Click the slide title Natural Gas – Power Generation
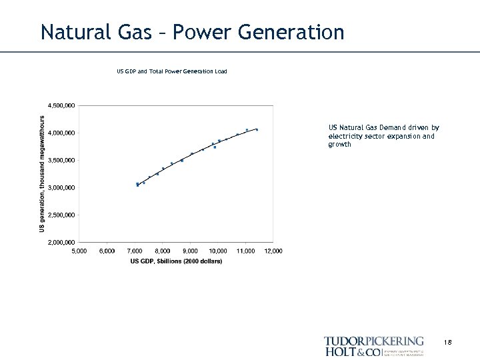pyautogui.click(x=192, y=31)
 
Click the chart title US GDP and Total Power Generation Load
pyautogui.click(x=172, y=71)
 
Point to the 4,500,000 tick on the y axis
pyautogui.click(x=61, y=105)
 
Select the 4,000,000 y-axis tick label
pyautogui.click(x=61, y=133)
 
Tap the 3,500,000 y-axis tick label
pyautogui.click(x=61, y=160)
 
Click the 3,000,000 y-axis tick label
pyautogui.click(x=61, y=187)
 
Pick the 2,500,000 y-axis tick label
pyautogui.click(x=61, y=215)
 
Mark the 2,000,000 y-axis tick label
pyautogui.click(x=61, y=242)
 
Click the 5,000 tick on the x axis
pyautogui.click(x=79, y=251)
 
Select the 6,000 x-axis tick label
pyautogui.click(x=107, y=251)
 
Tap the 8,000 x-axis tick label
pyautogui.click(x=162, y=251)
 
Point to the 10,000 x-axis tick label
pyautogui.click(x=217, y=251)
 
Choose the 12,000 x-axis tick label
pyautogui.click(x=273, y=251)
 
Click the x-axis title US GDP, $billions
pyautogui.click(x=176, y=261)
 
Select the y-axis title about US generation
pyautogui.click(x=42, y=173)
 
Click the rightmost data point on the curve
pyautogui.click(x=257, y=129)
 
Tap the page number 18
pyautogui.click(x=447, y=342)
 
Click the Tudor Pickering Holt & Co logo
pyautogui.click(x=373, y=346)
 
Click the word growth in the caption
pyautogui.click(x=339, y=144)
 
